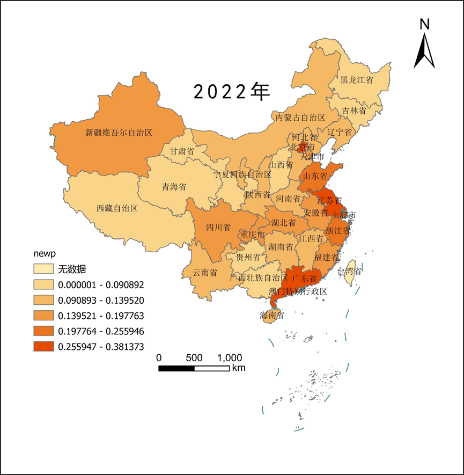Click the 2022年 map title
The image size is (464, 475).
[231, 92]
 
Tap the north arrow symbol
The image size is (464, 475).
[424, 52]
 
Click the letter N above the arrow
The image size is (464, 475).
[424, 24]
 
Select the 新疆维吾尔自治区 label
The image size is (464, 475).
[119, 131]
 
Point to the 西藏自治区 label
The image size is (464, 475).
[117, 208]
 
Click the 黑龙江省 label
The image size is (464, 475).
[356, 80]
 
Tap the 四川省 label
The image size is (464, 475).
[218, 227]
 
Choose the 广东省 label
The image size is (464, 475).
[305, 279]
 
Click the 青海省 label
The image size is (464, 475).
[174, 187]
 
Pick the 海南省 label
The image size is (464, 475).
[271, 315]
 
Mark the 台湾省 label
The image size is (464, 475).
[349, 272]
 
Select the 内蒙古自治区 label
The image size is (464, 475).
[300, 117]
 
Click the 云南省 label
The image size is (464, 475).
[205, 272]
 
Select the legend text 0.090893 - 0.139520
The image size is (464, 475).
[101, 300]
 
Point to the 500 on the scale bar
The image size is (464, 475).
[194, 357]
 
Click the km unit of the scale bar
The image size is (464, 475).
[238, 368]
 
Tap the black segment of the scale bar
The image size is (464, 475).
[176, 368]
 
